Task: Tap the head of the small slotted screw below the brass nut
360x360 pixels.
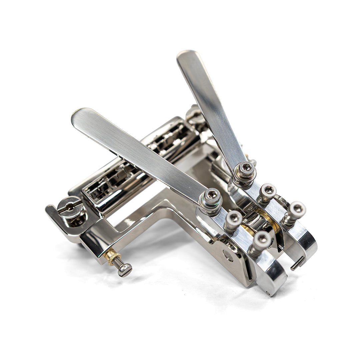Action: (125, 270)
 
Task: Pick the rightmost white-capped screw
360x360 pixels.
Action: (296, 210)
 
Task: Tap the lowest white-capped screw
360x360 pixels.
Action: (262, 240)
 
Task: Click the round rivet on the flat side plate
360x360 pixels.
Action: (228, 256)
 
